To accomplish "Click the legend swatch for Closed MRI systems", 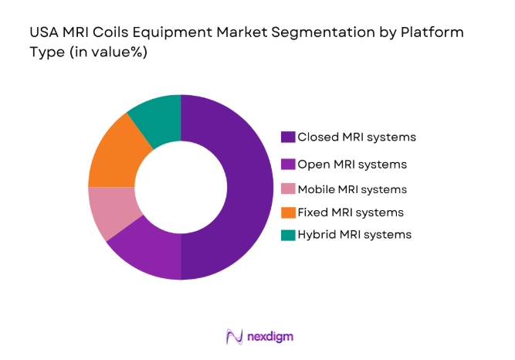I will [x=287, y=138].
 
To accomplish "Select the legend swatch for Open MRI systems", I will [x=287, y=164].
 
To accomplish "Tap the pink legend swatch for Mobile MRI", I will [x=287, y=189].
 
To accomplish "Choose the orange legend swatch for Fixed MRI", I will [x=287, y=212].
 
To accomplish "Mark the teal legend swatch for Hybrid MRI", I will [x=287, y=234].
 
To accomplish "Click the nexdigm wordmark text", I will [x=270, y=337].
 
